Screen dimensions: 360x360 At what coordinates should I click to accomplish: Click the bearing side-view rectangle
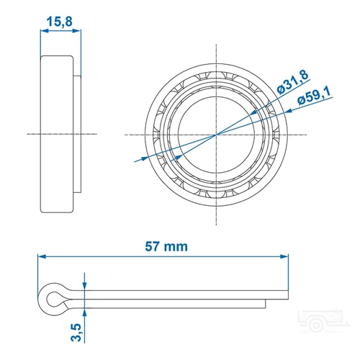[x=56, y=134]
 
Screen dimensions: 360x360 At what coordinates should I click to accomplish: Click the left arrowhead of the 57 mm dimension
[x=42, y=256]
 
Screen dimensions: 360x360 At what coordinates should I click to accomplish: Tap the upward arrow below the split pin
[x=85, y=312]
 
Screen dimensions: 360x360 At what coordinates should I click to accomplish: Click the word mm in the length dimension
[x=176, y=246]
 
